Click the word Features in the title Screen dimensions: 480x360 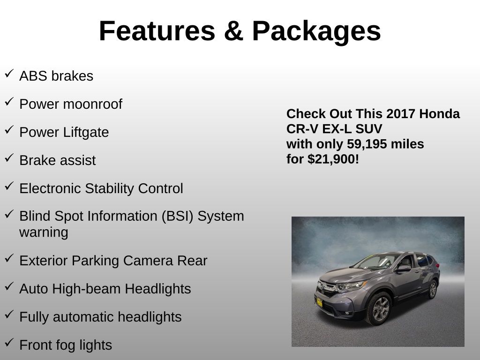tap(157, 31)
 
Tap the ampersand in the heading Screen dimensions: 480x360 tap(233, 31)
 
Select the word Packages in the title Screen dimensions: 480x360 tap(316, 32)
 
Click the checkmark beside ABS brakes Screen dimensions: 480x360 tap(9, 74)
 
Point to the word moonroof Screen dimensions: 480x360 tap(92, 104)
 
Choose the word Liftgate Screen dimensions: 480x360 tap(86, 133)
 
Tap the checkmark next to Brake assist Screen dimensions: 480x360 tap(9, 157)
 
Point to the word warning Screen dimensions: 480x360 tap(44, 232)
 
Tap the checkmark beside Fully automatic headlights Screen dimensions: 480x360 tap(9, 315)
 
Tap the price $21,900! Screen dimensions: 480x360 tap(333, 159)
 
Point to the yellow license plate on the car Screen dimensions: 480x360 tap(319, 303)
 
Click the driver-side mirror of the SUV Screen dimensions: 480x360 tap(404, 269)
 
